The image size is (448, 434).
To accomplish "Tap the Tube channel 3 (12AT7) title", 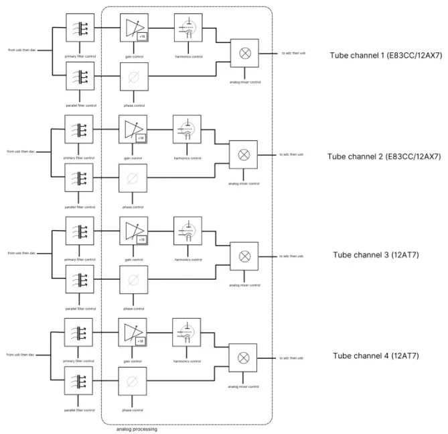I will tap(376, 256).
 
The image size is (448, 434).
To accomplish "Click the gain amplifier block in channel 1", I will tap(133, 28).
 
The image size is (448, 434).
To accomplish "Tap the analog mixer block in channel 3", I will tap(244, 256).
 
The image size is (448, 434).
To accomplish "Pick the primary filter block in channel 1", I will tap(80, 28).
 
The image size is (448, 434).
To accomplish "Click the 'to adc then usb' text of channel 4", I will tap(292, 356).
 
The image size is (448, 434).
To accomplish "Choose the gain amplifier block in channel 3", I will tap(133, 230).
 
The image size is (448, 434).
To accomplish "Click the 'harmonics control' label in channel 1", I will tap(187, 56).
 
